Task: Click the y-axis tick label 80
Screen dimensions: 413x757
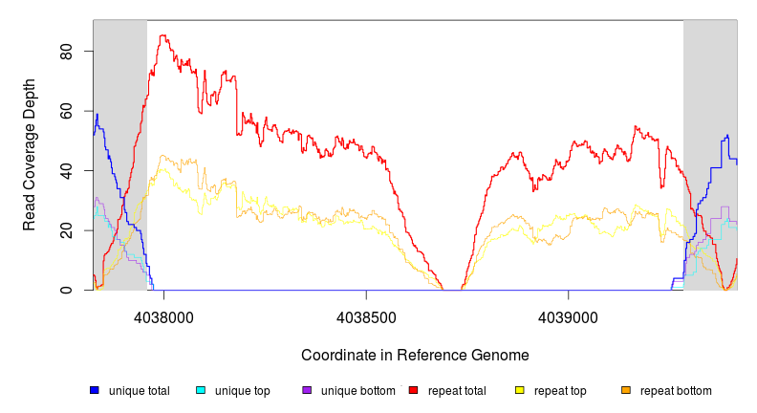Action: pos(66,51)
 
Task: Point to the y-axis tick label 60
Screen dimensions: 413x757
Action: pos(66,111)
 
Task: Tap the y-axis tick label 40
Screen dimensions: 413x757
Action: pos(66,170)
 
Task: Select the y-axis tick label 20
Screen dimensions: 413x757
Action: pos(66,230)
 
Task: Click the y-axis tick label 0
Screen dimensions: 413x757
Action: pos(66,291)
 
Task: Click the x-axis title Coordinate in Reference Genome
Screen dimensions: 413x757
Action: pos(415,355)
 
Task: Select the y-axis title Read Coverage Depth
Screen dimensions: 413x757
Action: pos(30,155)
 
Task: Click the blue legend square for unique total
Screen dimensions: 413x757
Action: pos(94,390)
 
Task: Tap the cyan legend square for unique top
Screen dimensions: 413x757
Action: pos(200,390)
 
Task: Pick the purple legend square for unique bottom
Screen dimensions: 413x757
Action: pos(307,390)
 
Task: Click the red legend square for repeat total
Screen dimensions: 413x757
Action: pos(413,390)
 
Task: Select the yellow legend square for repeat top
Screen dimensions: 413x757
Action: pos(519,390)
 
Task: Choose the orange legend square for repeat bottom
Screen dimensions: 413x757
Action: pos(625,390)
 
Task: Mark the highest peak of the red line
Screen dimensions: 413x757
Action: pos(163,35)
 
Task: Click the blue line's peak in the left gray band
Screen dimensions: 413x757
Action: pos(97,114)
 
